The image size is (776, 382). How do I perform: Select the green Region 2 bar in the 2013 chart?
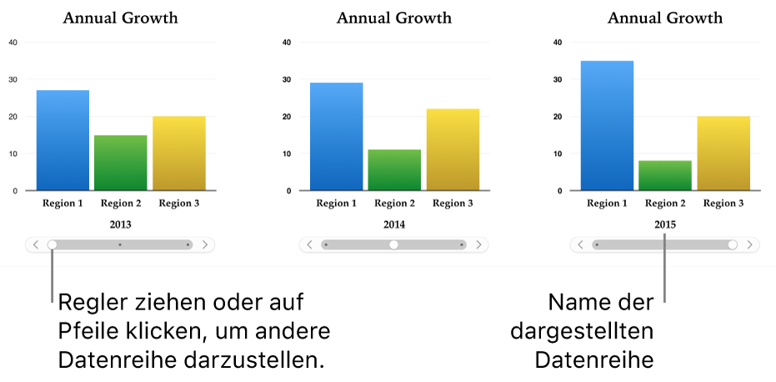[121, 163]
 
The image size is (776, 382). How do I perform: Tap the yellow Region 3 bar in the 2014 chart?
[453, 149]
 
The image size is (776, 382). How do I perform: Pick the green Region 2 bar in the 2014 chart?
[394, 170]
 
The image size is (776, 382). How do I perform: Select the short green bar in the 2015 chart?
[665, 175]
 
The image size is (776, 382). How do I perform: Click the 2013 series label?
[120, 224]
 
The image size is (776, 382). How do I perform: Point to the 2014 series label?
[393, 224]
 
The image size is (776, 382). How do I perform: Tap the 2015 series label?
[665, 224]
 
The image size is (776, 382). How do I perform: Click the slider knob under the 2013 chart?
[52, 245]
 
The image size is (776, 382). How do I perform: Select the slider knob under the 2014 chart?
[393, 245]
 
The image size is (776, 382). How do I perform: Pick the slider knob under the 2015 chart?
[733, 245]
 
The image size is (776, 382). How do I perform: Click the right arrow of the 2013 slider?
[206, 245]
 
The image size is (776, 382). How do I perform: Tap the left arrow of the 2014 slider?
[309, 245]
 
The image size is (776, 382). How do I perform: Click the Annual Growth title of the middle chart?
[393, 18]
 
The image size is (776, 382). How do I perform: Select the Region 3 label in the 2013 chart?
[179, 203]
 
